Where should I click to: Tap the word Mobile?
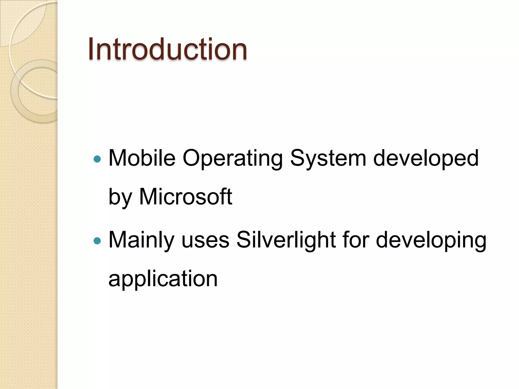(x=142, y=158)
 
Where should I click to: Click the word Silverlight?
(x=286, y=240)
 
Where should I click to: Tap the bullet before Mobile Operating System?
(x=97, y=159)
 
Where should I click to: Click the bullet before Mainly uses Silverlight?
(x=97, y=241)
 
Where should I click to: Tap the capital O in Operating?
(x=193, y=158)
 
